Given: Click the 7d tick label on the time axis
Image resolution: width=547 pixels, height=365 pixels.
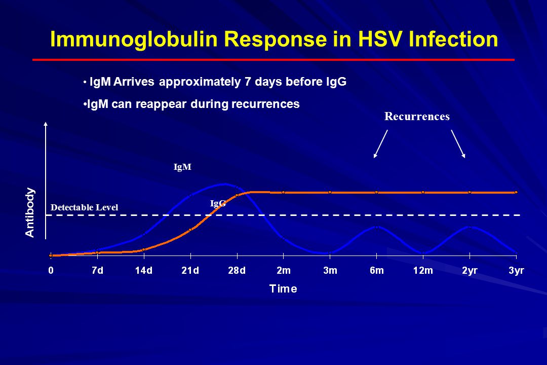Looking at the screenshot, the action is [x=97, y=270].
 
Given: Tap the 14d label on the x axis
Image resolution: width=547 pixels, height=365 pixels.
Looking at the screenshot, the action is [x=144, y=270].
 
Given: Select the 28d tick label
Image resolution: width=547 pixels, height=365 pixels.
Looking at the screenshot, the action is [x=237, y=270].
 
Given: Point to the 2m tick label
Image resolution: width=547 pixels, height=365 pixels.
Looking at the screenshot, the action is [x=284, y=270].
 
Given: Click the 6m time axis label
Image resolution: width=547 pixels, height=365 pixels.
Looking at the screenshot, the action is [x=377, y=270].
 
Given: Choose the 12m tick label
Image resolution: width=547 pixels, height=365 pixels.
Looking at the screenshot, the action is [x=423, y=270].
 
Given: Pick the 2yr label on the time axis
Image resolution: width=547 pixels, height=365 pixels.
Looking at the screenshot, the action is [x=470, y=271].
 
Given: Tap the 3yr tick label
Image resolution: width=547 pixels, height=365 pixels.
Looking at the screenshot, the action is [x=516, y=271].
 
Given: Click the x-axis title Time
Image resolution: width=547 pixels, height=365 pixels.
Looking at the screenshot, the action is [x=283, y=289].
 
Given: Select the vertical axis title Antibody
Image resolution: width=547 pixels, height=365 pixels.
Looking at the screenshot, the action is [x=30, y=213].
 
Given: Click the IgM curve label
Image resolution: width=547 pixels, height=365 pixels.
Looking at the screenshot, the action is [x=182, y=167].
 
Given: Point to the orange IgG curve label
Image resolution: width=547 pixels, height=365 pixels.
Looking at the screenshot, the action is [x=218, y=203].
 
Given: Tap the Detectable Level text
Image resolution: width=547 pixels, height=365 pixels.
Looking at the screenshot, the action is [x=85, y=207].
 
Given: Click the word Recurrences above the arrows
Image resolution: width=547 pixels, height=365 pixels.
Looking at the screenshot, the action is [x=417, y=116].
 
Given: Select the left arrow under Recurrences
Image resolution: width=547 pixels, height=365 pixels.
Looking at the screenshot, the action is [x=380, y=144].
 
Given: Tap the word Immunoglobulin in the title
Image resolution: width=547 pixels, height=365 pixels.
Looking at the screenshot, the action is [x=134, y=40].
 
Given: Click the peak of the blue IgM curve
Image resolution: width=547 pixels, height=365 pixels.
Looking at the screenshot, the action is [x=225, y=184].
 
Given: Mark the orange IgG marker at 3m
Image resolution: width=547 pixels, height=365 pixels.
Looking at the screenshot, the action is [x=330, y=193].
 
